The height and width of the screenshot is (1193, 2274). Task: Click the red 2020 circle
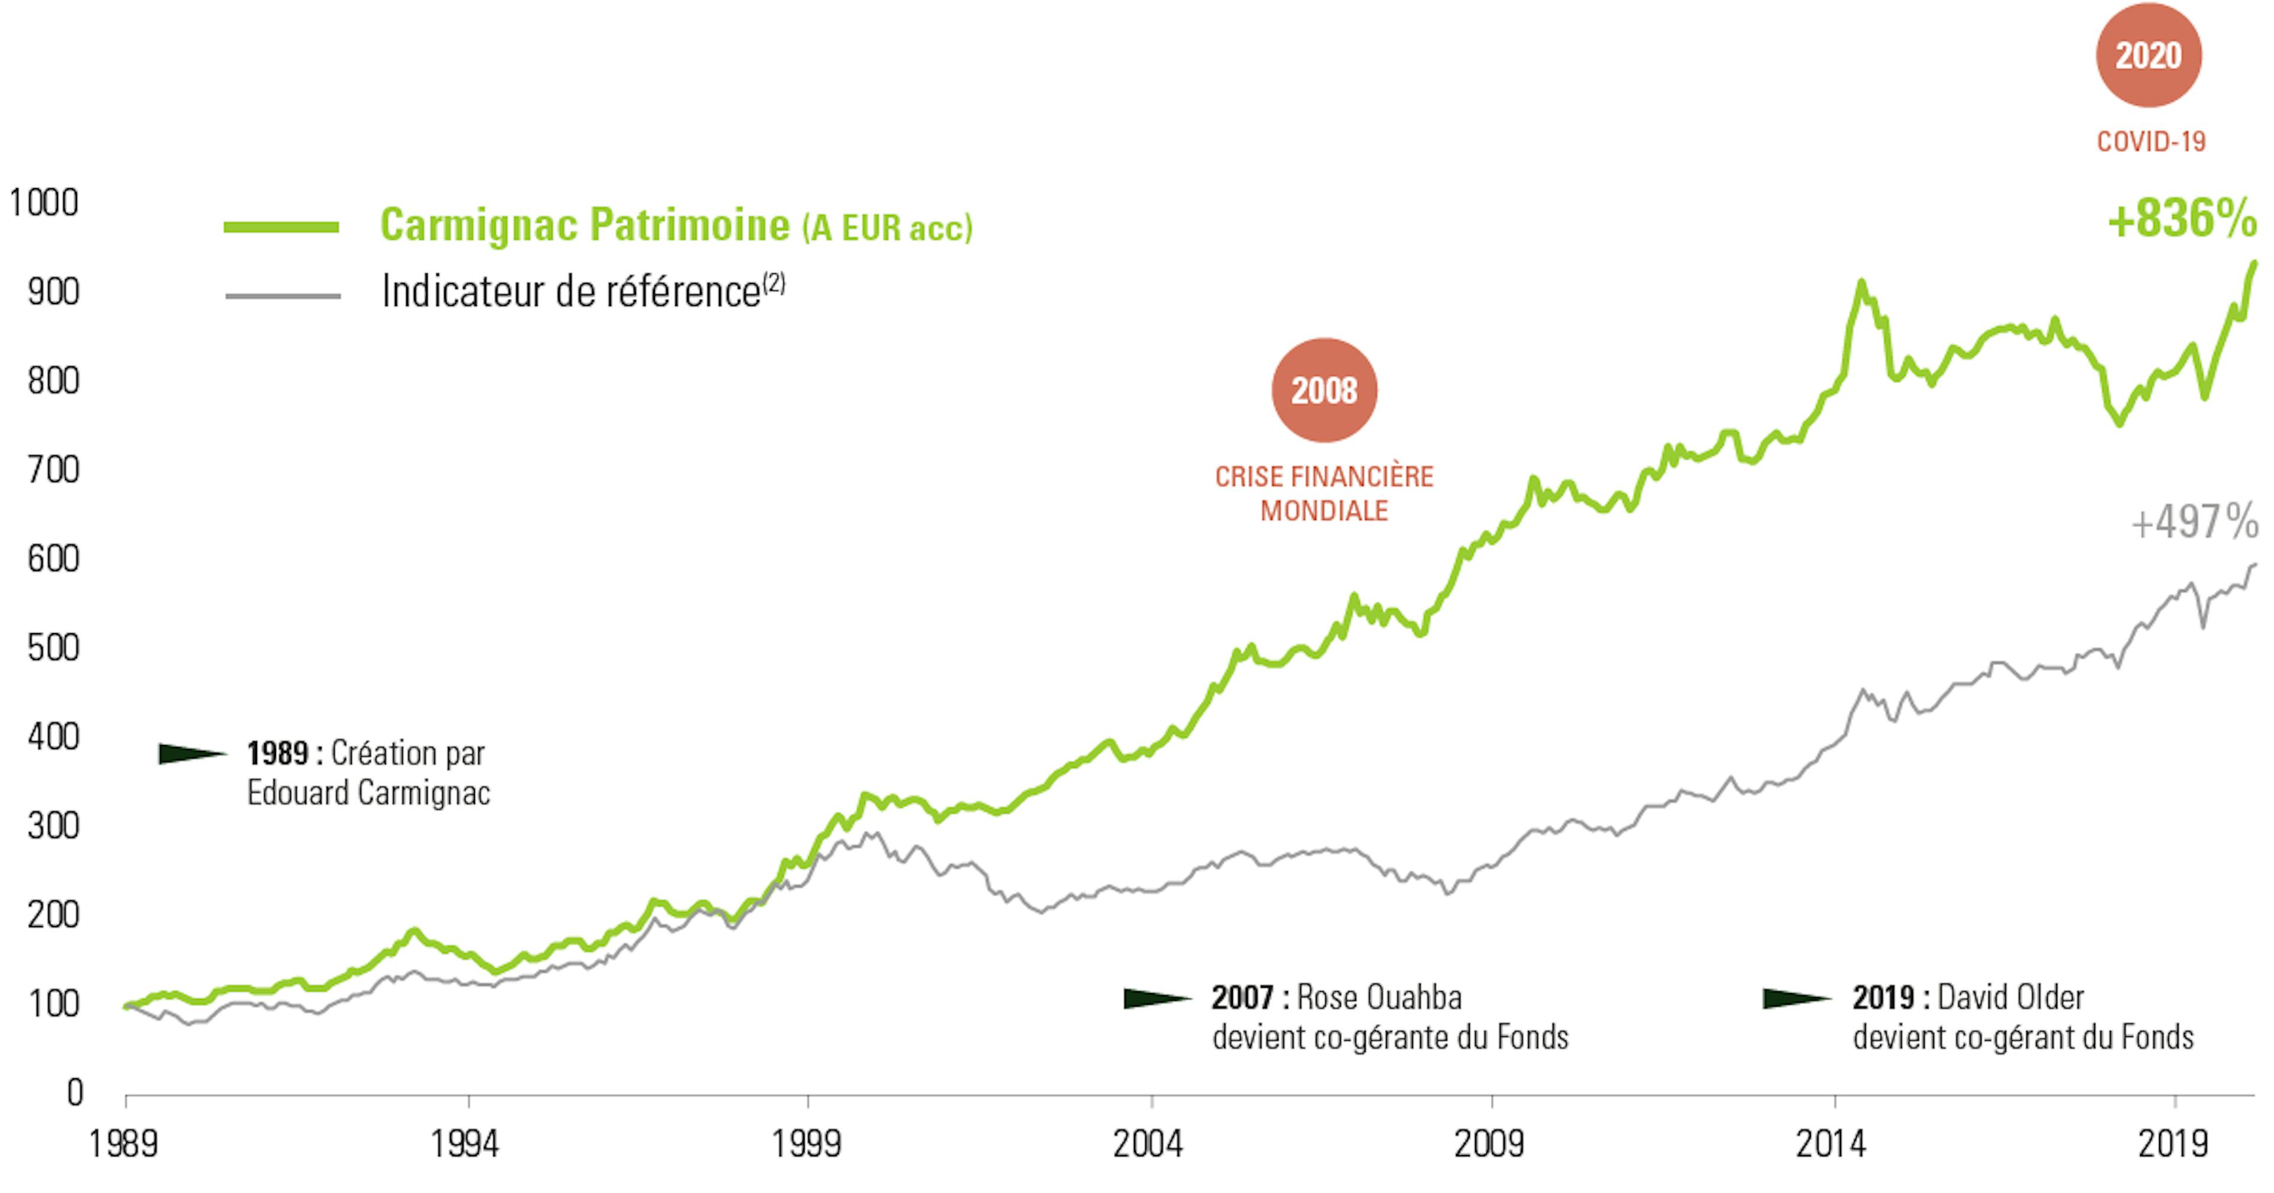[x=2148, y=54]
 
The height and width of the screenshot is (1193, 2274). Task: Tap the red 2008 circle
[x=1324, y=390]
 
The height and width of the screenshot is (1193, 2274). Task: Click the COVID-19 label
[x=2150, y=141]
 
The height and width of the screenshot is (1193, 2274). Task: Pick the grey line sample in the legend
[x=282, y=296]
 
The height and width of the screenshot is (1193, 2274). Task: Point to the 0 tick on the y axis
[x=75, y=1092]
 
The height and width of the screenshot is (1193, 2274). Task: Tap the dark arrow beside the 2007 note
[x=1157, y=998]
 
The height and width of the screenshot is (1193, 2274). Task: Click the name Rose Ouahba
[x=1379, y=997]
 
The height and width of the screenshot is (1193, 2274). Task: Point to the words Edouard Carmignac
[x=368, y=792]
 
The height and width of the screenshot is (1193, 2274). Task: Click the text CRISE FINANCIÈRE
[x=1324, y=476]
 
